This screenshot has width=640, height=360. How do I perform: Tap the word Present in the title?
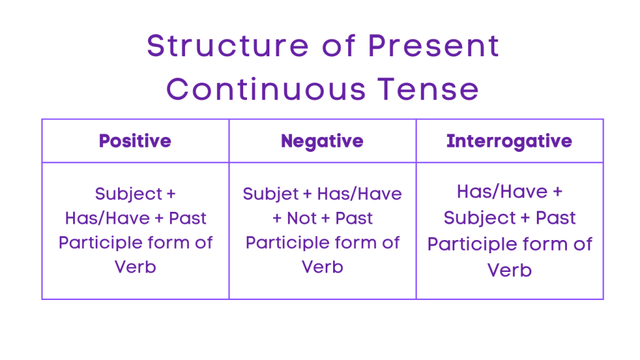click(433, 46)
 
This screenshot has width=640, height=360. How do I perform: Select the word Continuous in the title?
click(266, 89)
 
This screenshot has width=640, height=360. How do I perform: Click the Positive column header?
click(135, 141)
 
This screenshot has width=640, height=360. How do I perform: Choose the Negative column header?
click(322, 141)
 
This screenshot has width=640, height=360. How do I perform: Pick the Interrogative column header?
click(509, 141)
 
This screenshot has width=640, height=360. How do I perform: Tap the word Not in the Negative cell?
click(302, 218)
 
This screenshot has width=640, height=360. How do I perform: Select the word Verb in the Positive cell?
click(135, 267)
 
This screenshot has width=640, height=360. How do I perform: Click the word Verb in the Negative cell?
click(322, 267)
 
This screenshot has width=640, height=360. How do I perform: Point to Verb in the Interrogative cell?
click(509, 270)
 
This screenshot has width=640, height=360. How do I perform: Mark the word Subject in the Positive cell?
click(128, 194)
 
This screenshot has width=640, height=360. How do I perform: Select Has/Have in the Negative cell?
click(359, 194)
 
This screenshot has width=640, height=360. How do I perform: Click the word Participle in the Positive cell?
click(103, 242)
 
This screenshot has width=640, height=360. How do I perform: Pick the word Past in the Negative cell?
click(354, 218)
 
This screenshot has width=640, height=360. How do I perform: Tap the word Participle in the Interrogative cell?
click(475, 244)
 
